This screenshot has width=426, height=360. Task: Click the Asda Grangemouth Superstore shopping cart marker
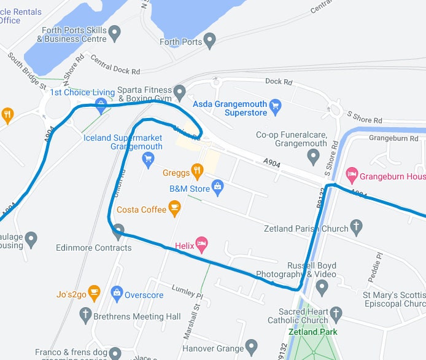[x=276, y=105]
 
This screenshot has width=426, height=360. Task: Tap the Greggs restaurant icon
[x=197, y=170]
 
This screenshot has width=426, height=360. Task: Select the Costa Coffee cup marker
[x=175, y=207]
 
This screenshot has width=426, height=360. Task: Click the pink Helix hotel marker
[x=201, y=245]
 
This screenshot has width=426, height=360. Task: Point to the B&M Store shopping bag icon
[x=217, y=186]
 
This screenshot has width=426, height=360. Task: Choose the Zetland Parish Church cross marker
[x=356, y=227]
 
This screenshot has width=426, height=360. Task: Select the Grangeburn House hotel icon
[x=352, y=175]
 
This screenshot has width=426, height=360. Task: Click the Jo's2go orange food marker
[x=94, y=292]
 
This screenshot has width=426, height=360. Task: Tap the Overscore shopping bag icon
[x=117, y=293]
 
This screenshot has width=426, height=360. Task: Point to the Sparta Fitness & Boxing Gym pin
[x=179, y=93]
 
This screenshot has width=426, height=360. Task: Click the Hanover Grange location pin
[x=250, y=346]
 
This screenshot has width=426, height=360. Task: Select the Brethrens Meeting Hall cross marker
[x=87, y=315]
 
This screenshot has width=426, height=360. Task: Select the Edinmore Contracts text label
[x=93, y=248]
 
